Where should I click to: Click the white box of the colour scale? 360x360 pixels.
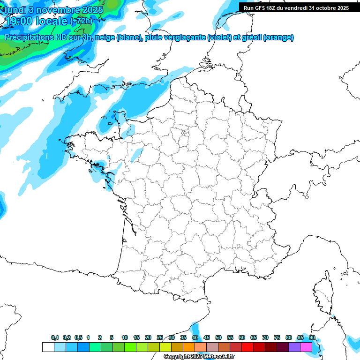click(48, 347)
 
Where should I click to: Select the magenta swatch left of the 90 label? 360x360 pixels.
click(306, 347)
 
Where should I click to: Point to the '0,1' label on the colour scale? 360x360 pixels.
click(55, 337)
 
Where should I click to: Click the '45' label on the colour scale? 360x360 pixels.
click(207, 337)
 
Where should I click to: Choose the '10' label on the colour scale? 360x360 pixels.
click(125, 337)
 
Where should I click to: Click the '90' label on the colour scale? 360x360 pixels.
click(312, 337)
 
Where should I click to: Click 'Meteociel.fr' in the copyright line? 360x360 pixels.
click(218, 357)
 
